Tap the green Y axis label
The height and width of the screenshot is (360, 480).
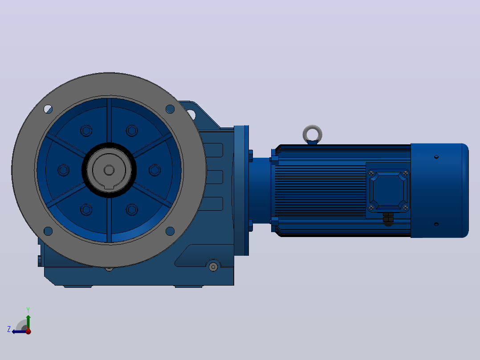(x=28, y=310)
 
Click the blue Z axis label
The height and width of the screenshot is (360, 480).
(x=9, y=329)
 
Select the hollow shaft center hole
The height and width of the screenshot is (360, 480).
(x=109, y=170)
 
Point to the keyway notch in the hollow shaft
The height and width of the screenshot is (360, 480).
(x=109, y=187)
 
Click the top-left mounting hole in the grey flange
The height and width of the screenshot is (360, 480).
(x=48, y=109)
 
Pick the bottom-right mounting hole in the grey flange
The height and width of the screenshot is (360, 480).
(x=170, y=231)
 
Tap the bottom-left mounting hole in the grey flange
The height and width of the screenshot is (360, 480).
(x=48, y=231)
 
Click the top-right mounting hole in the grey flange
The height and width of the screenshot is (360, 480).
(x=170, y=109)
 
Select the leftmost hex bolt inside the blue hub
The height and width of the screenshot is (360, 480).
(x=63, y=170)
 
